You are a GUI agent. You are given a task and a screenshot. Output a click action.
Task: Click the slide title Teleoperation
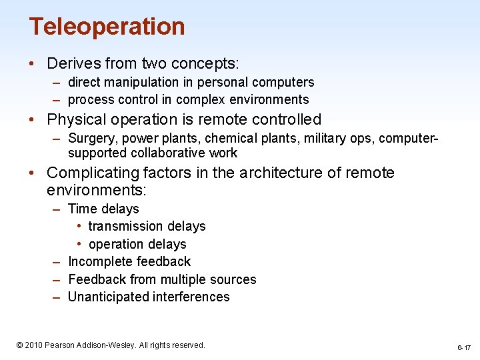pyautogui.click(x=107, y=27)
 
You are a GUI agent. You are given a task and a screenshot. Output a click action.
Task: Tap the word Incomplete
pyautogui.click(x=100, y=261)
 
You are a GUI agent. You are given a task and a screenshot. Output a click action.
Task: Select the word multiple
pyautogui.click(x=182, y=279)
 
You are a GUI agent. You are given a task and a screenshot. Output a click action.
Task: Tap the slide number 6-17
pyautogui.click(x=463, y=348)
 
